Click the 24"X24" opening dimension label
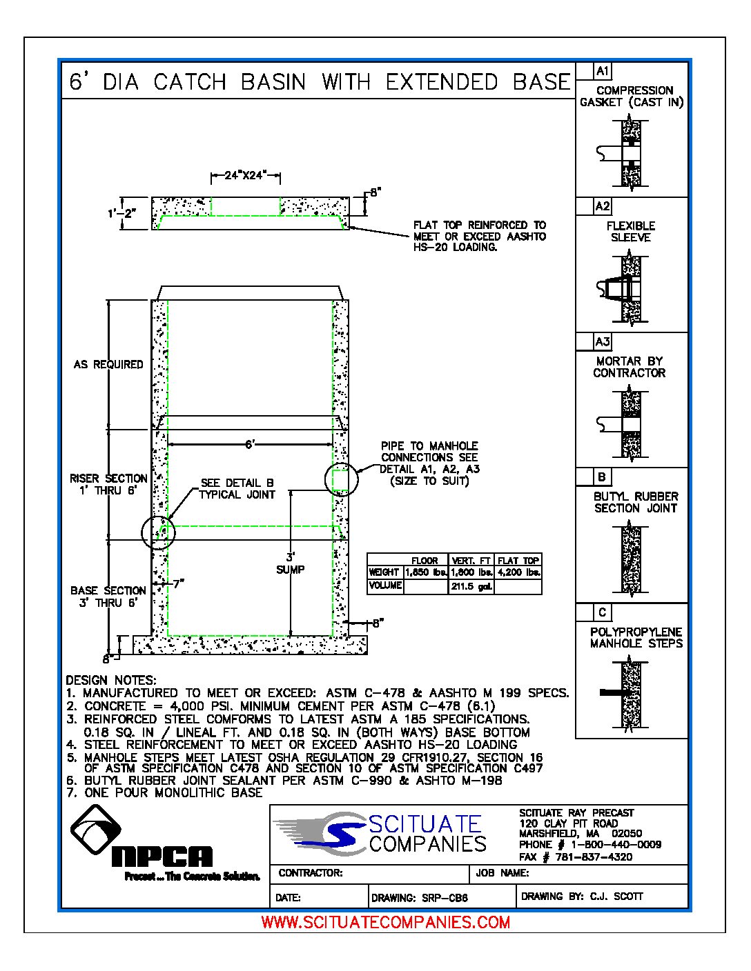245,176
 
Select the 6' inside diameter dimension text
251,445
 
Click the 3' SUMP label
290,563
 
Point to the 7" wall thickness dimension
178,584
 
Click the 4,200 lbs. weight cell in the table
518,572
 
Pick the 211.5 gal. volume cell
471,587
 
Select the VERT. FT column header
471,561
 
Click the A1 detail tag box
602,71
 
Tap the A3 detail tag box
602,342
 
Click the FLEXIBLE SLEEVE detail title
631,232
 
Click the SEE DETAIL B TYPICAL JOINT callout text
237,489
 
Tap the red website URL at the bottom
386,922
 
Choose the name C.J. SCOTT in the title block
616,897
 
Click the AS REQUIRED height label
108,364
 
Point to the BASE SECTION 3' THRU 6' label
108,597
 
